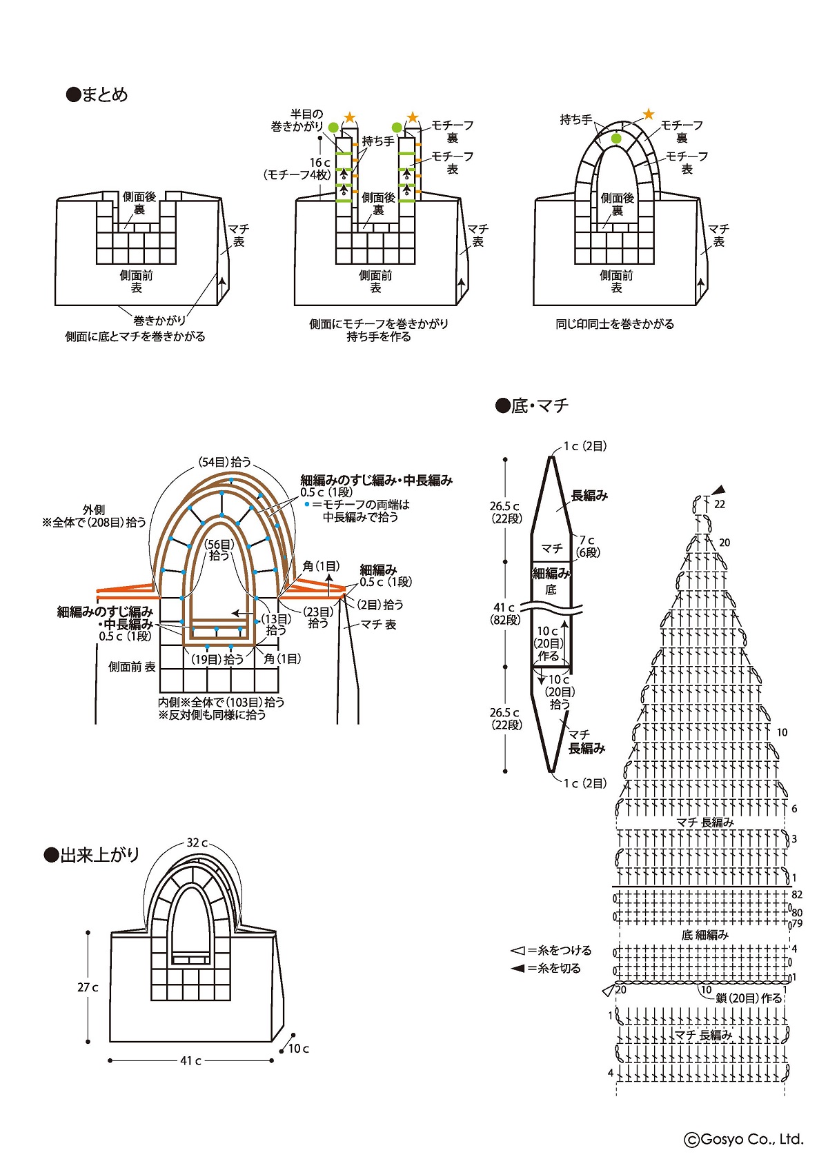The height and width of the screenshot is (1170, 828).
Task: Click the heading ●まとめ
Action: coord(97,94)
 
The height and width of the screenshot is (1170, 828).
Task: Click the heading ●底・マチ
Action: coord(532,405)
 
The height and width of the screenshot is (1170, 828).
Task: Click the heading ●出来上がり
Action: coord(92,855)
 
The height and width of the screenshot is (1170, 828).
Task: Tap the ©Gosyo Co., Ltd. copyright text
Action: coord(744,1139)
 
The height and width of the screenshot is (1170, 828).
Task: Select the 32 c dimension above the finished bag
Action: coord(197,843)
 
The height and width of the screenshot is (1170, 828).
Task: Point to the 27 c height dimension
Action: coord(88,987)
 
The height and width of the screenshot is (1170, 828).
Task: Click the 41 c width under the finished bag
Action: coord(190,1060)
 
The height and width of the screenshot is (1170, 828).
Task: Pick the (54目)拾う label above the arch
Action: coord(224,462)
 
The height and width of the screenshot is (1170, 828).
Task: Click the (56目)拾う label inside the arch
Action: coord(219,549)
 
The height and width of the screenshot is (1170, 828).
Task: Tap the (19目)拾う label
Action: coord(217,659)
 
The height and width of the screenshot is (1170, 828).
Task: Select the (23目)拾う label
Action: coord(318,617)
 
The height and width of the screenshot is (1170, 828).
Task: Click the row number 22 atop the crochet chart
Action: coord(720,504)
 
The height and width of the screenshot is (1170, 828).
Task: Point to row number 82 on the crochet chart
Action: coord(797,894)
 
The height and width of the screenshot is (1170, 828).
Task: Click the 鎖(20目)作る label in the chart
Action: coord(749,998)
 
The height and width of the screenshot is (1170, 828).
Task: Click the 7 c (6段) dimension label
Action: coord(588,546)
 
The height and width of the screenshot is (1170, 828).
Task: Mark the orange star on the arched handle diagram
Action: coord(649,114)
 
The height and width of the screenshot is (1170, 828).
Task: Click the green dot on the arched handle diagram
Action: coord(616,139)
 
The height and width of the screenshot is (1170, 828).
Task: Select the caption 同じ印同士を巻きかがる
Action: coord(615,323)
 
